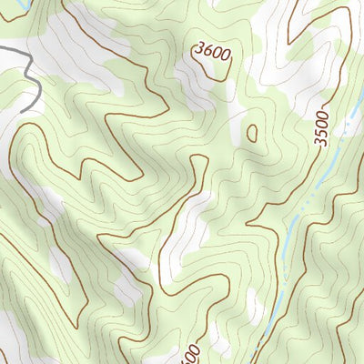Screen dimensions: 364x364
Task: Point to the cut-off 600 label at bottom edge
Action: point(188,353)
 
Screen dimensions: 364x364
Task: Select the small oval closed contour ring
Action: point(252,133)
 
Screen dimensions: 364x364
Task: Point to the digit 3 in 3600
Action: point(198,51)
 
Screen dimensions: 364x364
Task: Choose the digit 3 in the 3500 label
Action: point(321,141)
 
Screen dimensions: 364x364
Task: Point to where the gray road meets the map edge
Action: point(2,46)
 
